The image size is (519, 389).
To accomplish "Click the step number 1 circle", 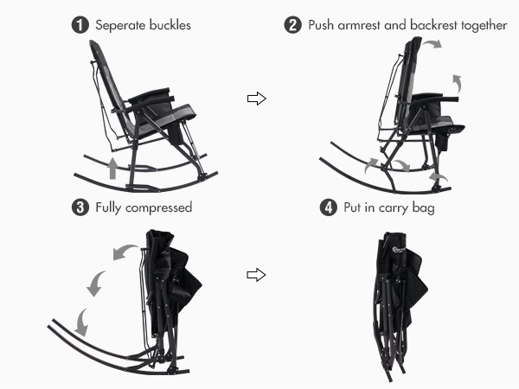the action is tap(80, 25).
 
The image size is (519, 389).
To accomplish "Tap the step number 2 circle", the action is tap(293, 25).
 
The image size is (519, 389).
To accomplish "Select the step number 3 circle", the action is tap(80, 207).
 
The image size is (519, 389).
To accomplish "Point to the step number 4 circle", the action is tap(329, 207).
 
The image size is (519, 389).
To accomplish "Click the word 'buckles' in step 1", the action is tap(170, 25).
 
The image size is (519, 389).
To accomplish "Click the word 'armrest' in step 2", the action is tap(359, 25).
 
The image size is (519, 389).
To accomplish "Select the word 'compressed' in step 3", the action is tap(159, 208).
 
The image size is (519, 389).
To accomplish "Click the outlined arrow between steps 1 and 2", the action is tap(257, 99).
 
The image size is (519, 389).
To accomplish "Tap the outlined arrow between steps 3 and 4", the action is tap(256, 275).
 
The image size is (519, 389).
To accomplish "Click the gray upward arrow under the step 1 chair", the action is tap(112, 169).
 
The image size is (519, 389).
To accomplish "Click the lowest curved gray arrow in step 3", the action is tap(81, 323).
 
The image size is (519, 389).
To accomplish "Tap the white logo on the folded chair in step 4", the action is tap(399, 250).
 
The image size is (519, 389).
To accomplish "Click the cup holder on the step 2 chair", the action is tap(442, 141).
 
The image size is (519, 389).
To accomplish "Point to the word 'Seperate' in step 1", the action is tap(120, 25).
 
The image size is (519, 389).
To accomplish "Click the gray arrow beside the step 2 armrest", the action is tap(458, 83).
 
